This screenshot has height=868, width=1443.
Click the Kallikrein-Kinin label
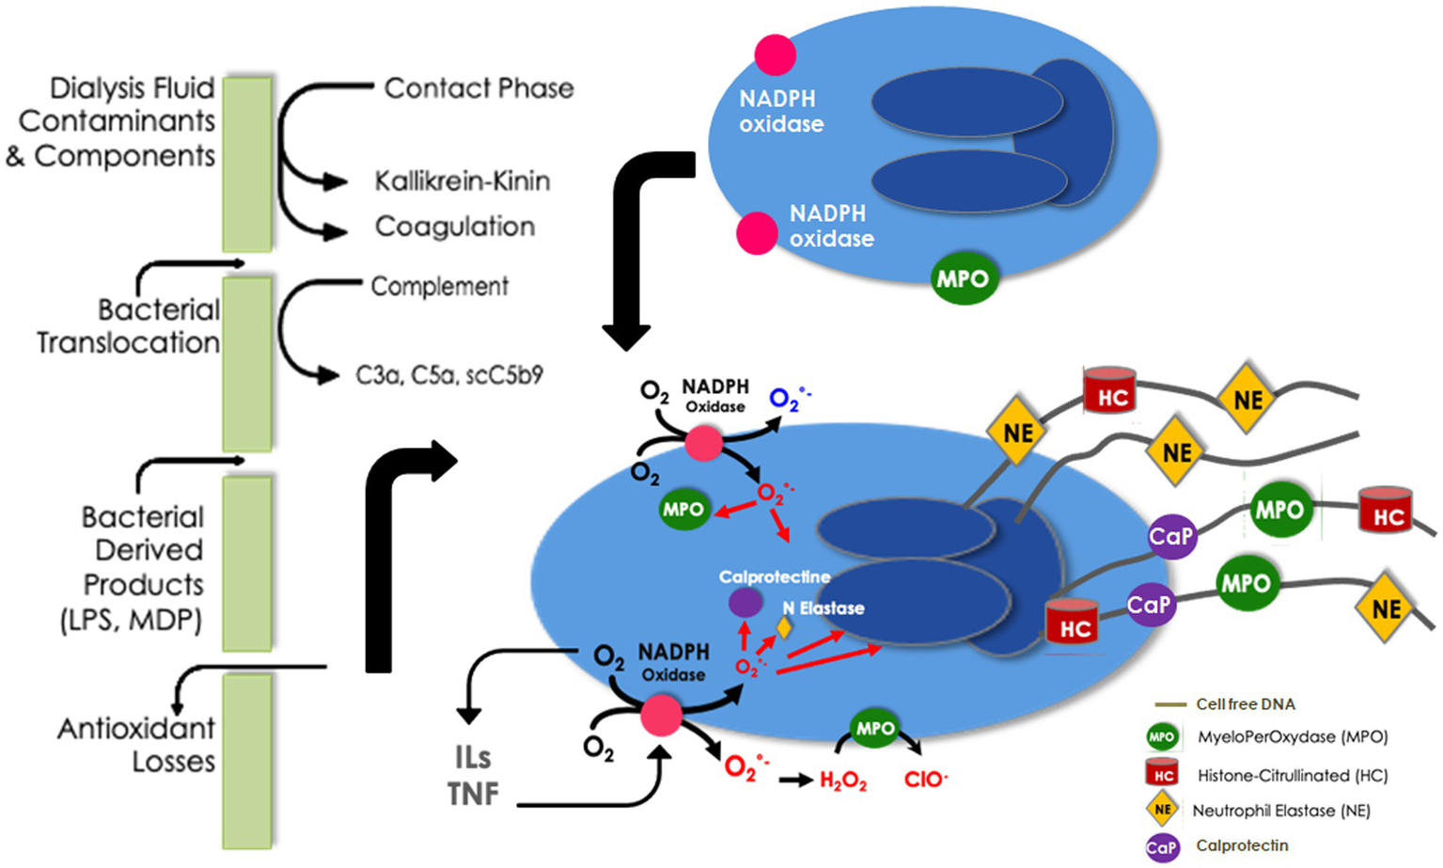coord(462,181)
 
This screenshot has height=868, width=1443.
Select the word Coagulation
coord(455,227)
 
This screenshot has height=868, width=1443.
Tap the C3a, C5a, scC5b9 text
coord(449,375)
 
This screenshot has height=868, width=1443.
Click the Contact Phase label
coord(478,88)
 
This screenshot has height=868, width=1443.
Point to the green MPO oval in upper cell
coord(963,279)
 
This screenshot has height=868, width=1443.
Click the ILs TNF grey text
coord(473,776)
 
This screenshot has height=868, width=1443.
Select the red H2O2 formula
coord(842,781)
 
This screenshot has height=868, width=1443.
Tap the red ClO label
coord(925,781)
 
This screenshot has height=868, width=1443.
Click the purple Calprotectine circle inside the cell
coord(745,602)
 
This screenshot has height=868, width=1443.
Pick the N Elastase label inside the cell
coord(823,608)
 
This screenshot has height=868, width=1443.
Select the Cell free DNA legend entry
coord(1245,704)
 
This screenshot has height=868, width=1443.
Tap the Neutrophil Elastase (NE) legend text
coord(1280,811)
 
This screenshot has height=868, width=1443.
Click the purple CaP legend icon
coord(1162,846)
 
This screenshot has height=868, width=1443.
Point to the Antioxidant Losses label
coord(136,745)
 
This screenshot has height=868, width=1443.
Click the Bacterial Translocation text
coord(129,326)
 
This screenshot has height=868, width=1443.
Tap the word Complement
coord(439,287)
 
